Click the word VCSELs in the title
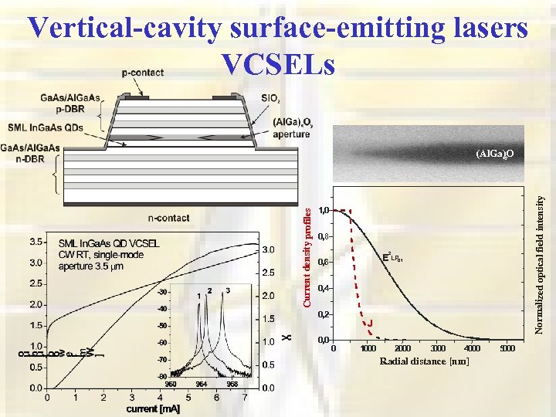[278, 63]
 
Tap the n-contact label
[168, 218]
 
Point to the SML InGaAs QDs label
[47, 127]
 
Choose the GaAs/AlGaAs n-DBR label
[31, 153]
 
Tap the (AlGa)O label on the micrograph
[495, 154]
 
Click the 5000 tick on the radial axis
[507, 349]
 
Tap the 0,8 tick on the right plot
[324, 236]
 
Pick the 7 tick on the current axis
[245, 398]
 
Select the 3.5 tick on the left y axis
[36, 242]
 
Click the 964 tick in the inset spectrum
[201, 384]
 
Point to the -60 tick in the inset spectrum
[162, 343]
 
